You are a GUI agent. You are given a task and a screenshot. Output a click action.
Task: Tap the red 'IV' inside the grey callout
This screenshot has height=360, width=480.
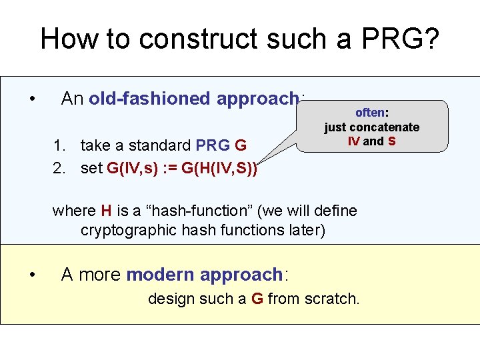353,141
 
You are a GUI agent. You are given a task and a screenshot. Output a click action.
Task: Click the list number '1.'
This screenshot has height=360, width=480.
60,145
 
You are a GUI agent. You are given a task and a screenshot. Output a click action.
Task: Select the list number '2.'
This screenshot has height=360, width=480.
60,168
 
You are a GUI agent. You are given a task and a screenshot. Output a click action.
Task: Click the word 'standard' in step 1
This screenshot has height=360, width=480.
163,145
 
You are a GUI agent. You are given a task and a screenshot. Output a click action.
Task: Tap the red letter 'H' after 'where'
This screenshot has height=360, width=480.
106,211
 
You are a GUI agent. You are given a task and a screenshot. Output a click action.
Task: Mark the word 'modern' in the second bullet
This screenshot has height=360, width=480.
159,275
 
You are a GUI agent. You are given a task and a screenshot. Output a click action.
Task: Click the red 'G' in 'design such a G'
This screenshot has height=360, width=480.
257,299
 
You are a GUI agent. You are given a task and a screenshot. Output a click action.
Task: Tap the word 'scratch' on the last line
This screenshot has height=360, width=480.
331,299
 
